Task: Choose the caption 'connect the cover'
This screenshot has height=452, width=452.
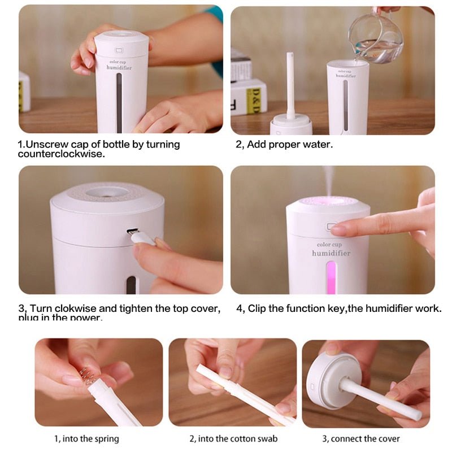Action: coord(361,438)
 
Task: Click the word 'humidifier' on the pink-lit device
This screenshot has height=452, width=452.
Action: coord(331,253)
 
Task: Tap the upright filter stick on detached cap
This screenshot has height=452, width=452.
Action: coord(290,85)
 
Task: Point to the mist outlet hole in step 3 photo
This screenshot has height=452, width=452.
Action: coord(107,192)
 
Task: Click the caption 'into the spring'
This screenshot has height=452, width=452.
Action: coord(86,438)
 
